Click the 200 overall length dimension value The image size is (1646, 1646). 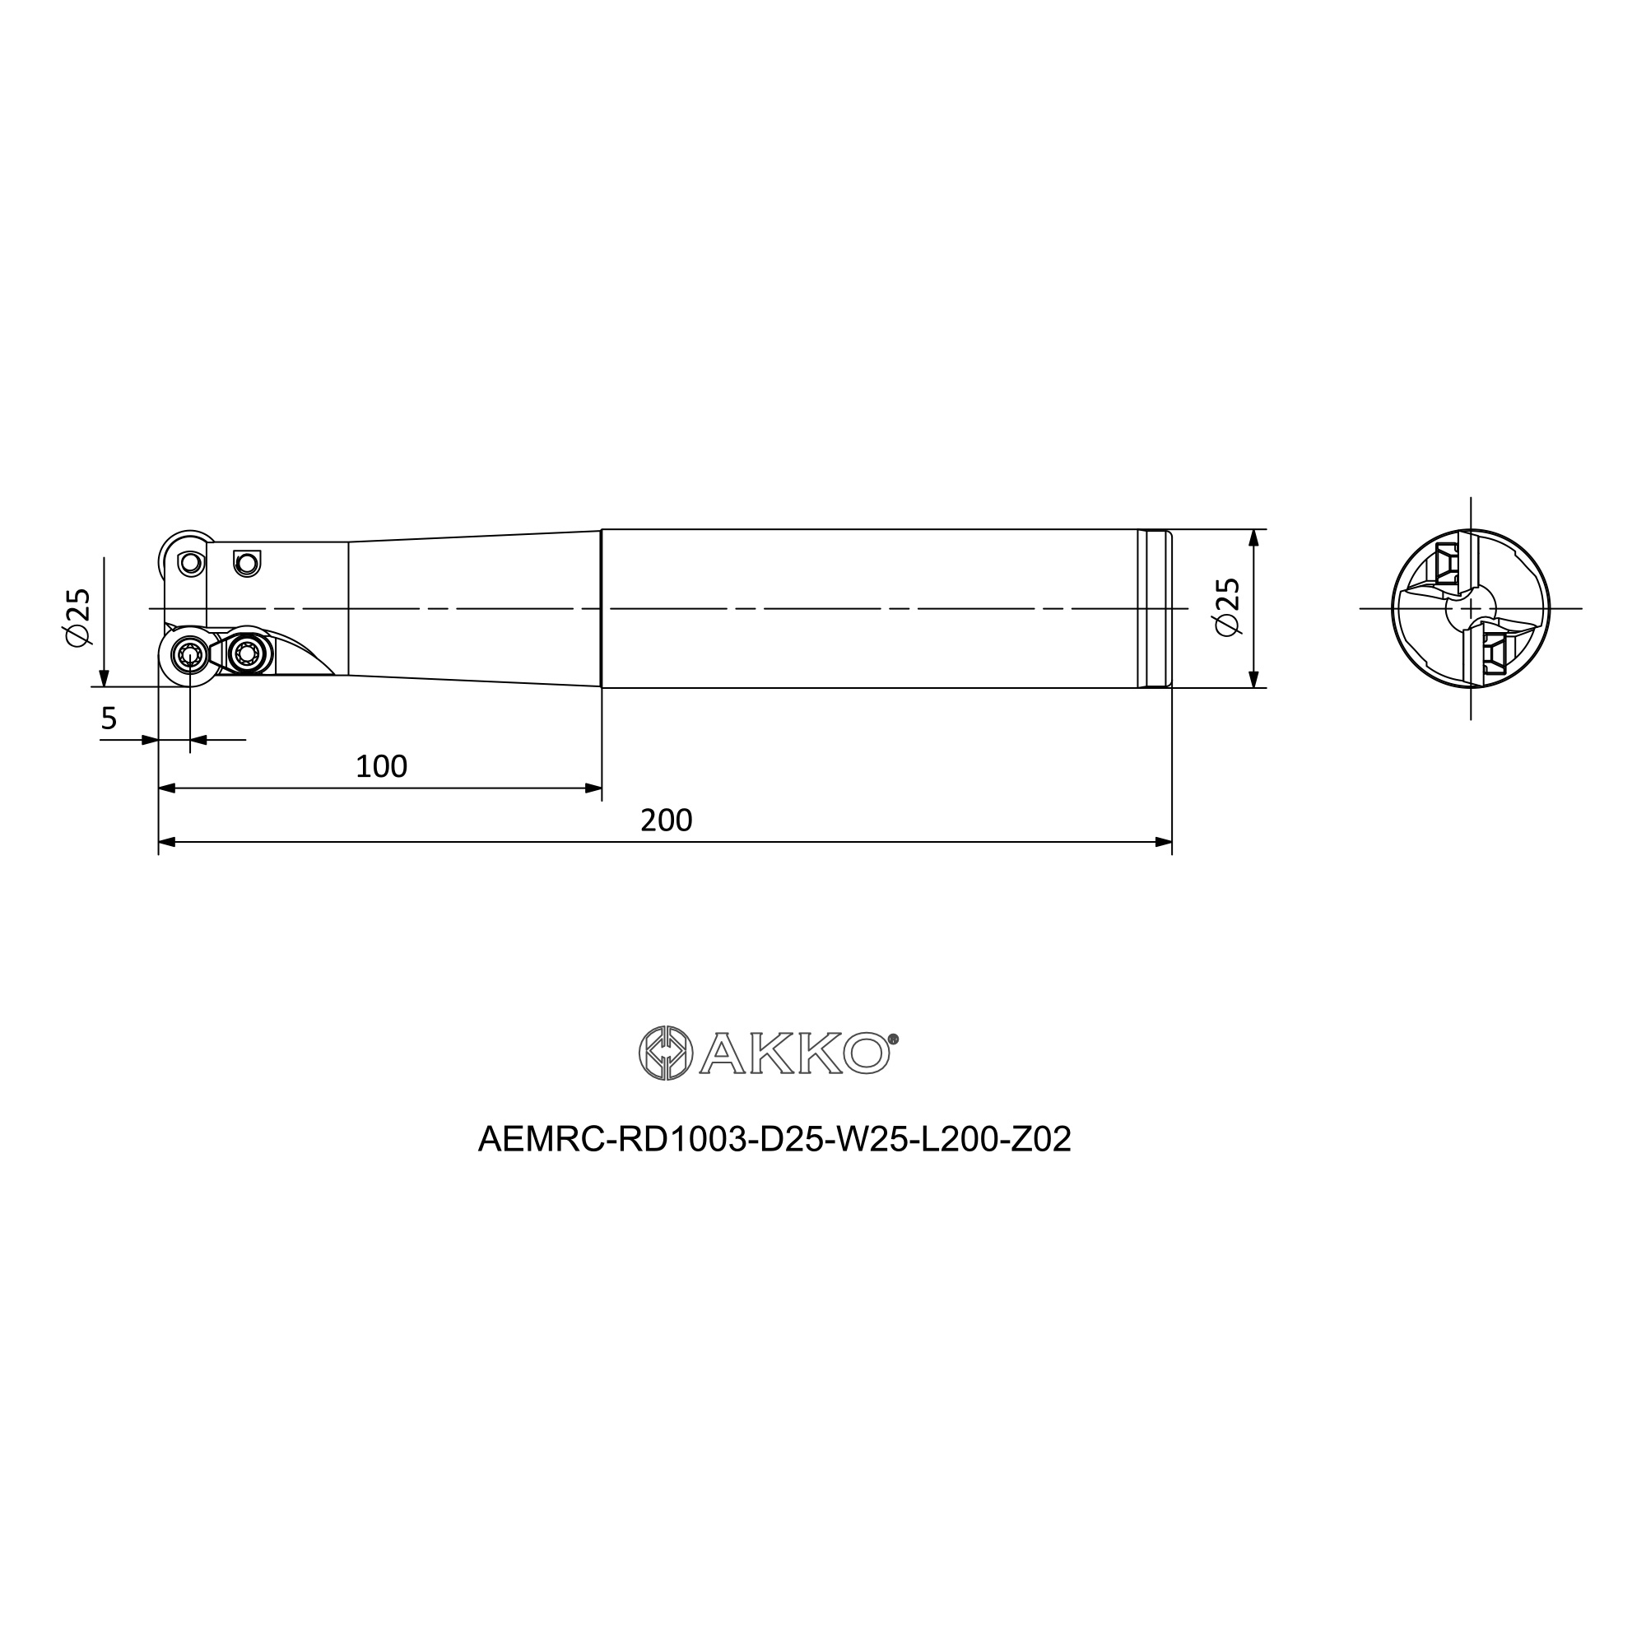(667, 821)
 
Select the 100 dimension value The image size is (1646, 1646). (381, 767)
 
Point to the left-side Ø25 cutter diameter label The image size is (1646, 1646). (77, 616)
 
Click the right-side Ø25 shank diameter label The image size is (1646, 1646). (1228, 607)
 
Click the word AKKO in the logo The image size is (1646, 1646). (795, 1053)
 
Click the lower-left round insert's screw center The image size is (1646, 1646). (189, 654)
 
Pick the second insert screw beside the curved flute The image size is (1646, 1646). (247, 654)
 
